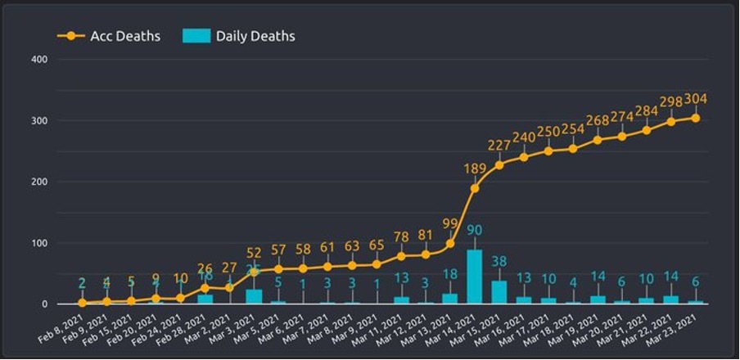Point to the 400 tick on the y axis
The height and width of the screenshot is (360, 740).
pyautogui.click(x=38, y=60)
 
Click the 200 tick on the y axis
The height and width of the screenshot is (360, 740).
pyautogui.click(x=38, y=182)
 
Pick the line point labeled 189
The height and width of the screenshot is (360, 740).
pyautogui.click(x=475, y=188)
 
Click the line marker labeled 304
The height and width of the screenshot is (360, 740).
pyautogui.click(x=696, y=118)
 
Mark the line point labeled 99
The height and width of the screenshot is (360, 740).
pyautogui.click(x=450, y=243)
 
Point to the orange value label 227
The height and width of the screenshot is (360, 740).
pyautogui.click(x=499, y=146)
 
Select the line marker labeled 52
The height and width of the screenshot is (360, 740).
pyautogui.click(x=254, y=272)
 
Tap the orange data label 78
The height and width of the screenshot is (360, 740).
pyautogui.click(x=401, y=237)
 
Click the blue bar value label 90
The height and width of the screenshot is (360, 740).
pyautogui.click(x=475, y=231)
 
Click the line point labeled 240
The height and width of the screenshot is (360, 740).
pyautogui.click(x=524, y=157)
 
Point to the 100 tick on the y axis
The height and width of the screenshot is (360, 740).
pyautogui.click(x=38, y=244)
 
